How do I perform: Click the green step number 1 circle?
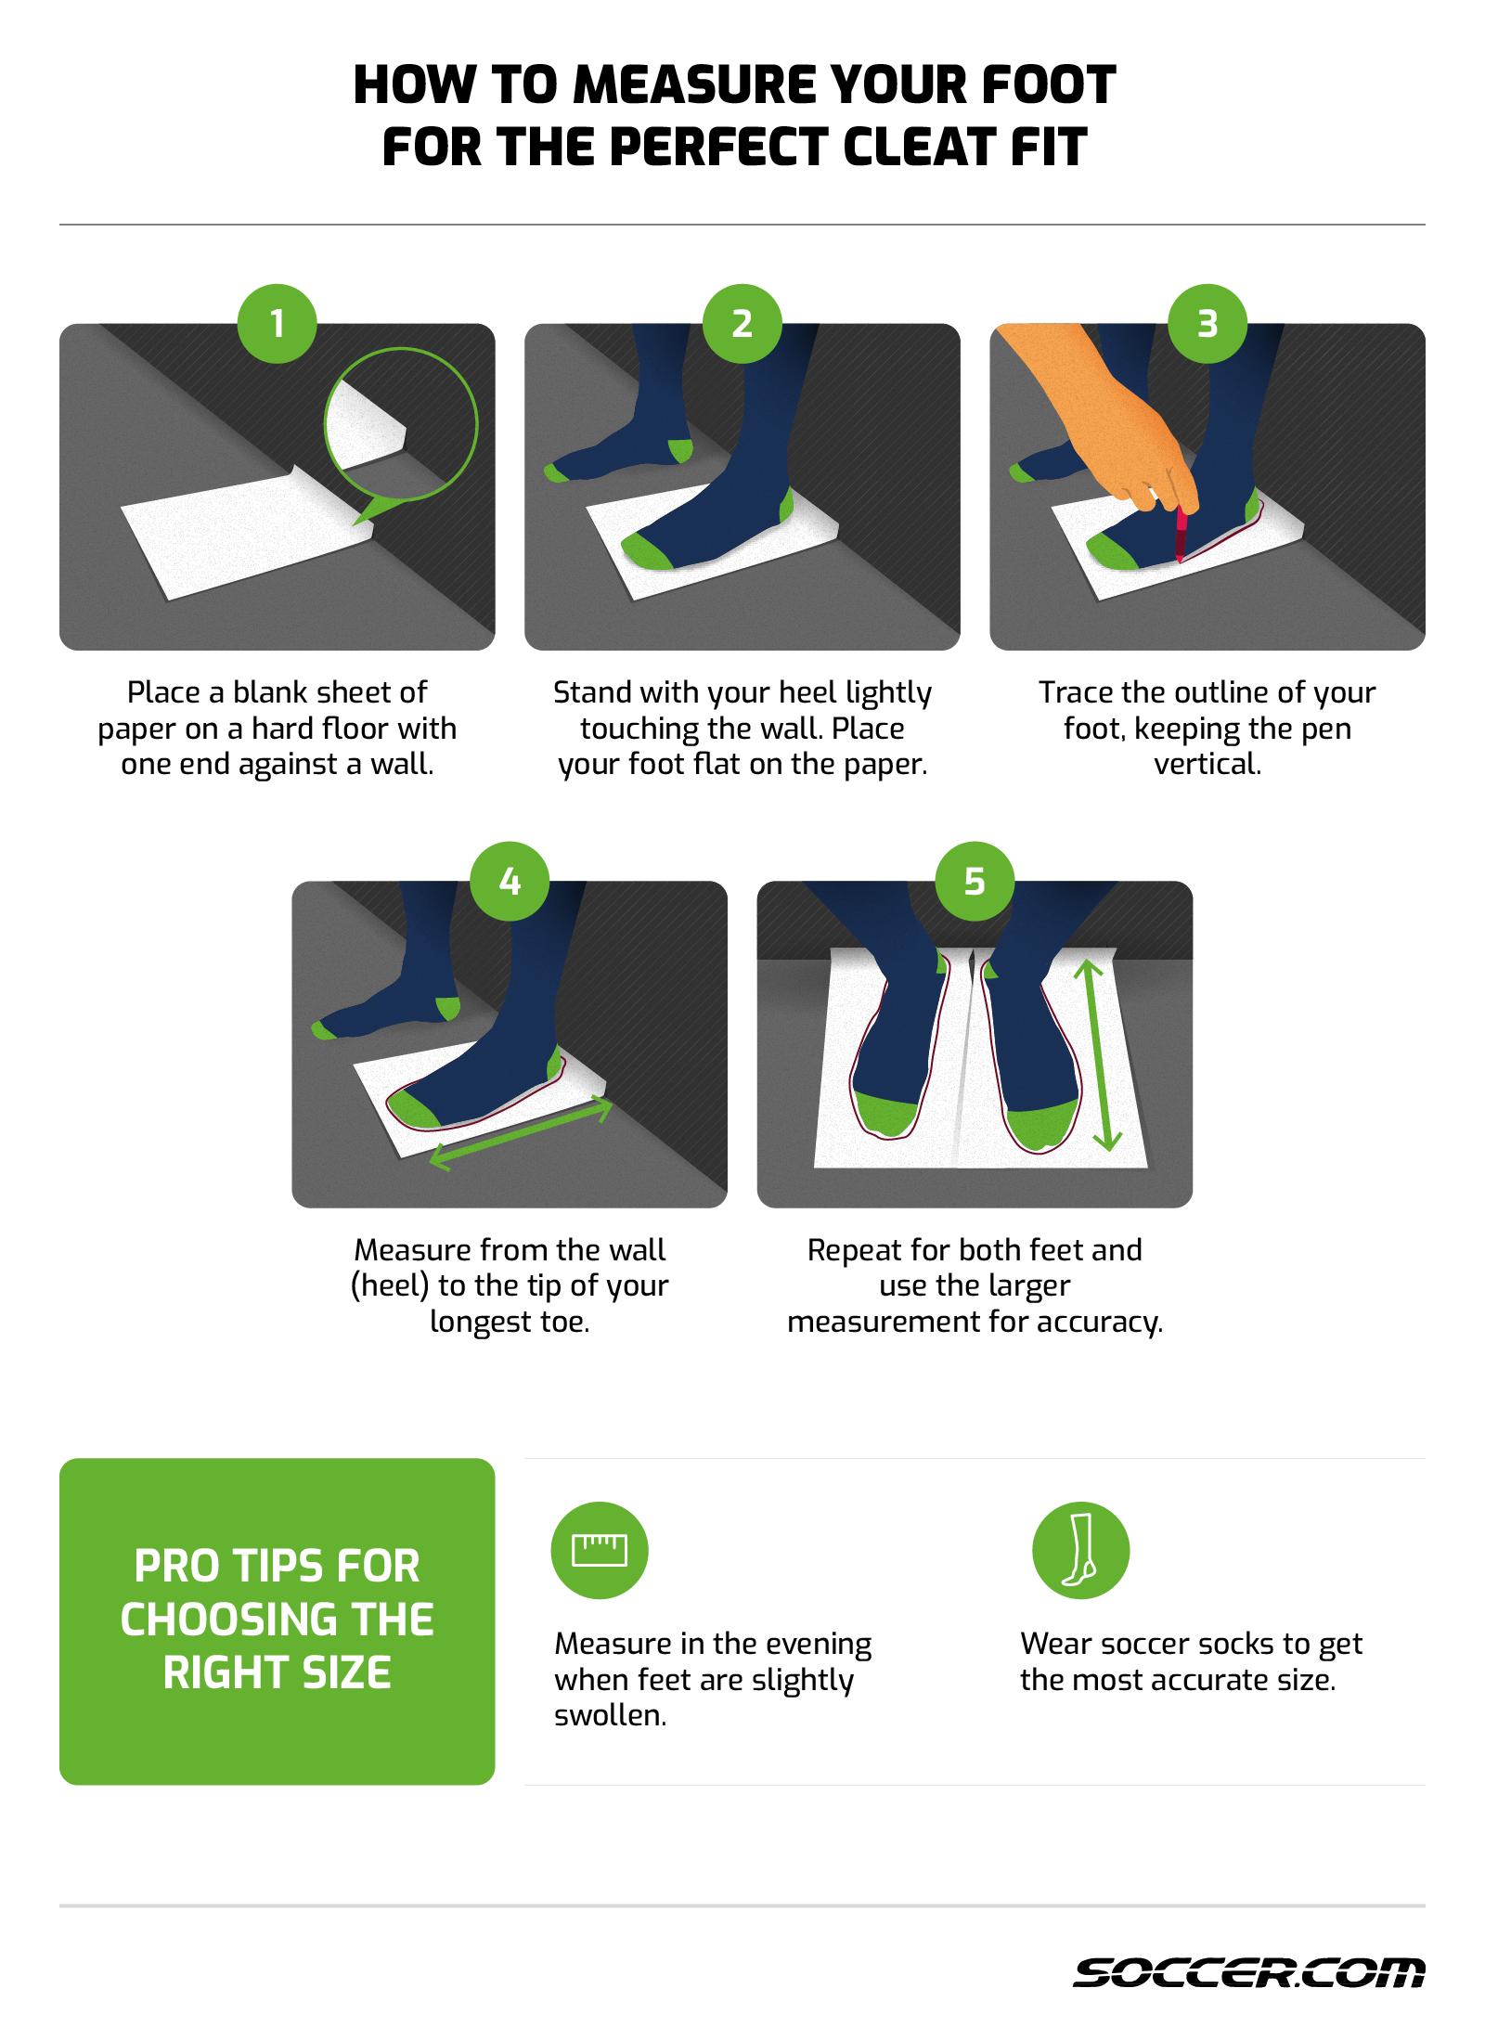(x=277, y=324)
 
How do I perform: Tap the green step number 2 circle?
(x=742, y=324)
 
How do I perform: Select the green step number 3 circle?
(x=1207, y=324)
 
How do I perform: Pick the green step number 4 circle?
(x=510, y=881)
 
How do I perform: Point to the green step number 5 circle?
(x=974, y=881)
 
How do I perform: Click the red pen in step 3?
(x=1181, y=535)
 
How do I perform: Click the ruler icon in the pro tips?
(x=600, y=1550)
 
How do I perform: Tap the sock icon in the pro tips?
(x=1080, y=1550)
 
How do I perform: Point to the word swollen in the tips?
(x=610, y=1716)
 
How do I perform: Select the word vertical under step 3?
(x=1207, y=766)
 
